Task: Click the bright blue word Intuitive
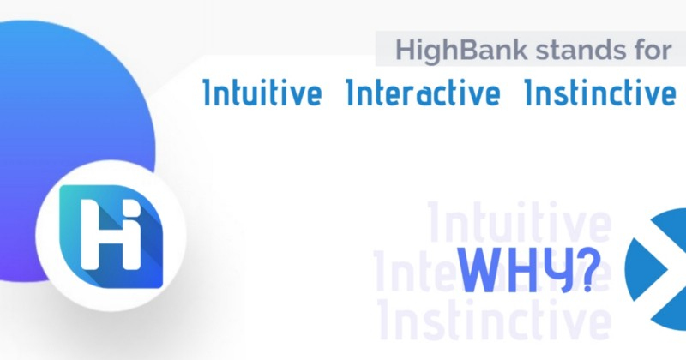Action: pos(262,92)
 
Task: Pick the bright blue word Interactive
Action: pos(423,92)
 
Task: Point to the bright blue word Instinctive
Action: pos(599,92)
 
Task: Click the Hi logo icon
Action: pos(111,237)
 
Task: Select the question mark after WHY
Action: pos(588,269)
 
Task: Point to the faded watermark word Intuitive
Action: pos(519,222)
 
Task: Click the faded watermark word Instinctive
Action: pos(495,320)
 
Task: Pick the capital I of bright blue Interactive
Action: pos(349,93)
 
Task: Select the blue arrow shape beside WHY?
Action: pos(655,268)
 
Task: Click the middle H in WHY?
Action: pos(521,270)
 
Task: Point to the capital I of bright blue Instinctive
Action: pos(528,93)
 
